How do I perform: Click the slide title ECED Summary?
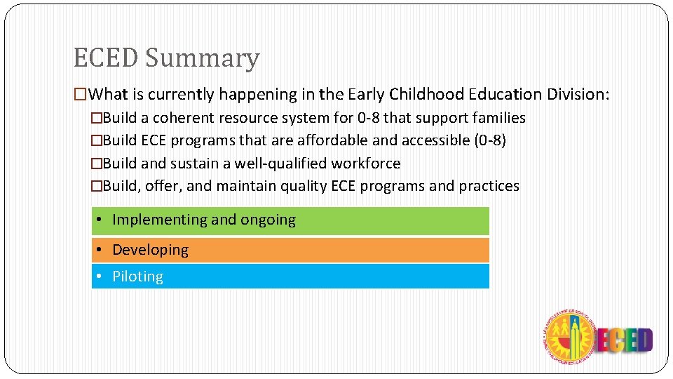coord(166,58)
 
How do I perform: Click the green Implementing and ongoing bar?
coord(290,220)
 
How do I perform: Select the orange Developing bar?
coord(290,250)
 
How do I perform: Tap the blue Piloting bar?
coord(290,277)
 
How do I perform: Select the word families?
coord(499,118)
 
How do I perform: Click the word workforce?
coord(366,164)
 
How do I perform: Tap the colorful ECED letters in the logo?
coord(624,340)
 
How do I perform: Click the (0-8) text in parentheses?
coord(489,140)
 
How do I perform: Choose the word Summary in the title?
coord(203,58)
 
